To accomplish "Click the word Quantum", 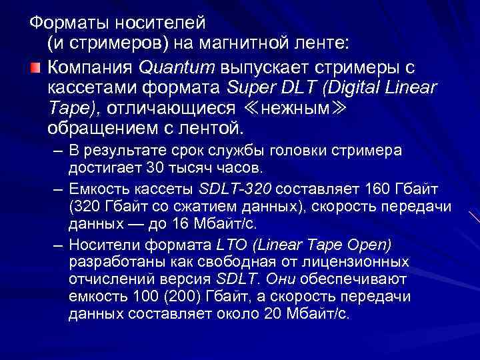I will [169, 67].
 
